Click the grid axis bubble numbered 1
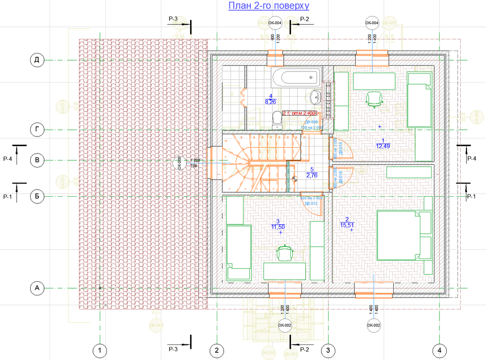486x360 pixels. pyautogui.click(x=100, y=350)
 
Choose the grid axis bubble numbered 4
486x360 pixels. pyautogui.click(x=439, y=350)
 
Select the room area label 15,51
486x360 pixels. pyautogui.click(x=347, y=225)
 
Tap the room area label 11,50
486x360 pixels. pyautogui.click(x=278, y=227)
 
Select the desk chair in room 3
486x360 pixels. pyautogui.click(x=285, y=253)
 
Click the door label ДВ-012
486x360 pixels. pyautogui.click(x=311, y=204)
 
